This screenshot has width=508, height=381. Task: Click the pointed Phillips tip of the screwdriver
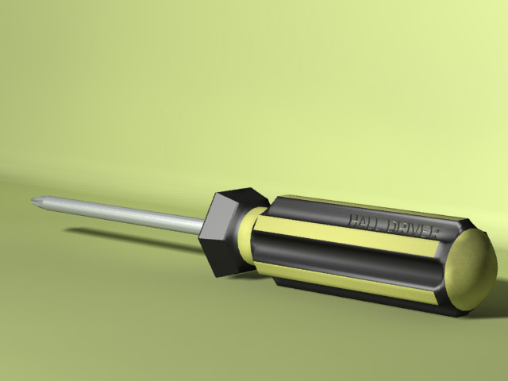pos(34,201)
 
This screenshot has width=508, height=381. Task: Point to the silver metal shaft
pos(119,214)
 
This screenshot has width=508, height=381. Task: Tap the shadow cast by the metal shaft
pos(127,237)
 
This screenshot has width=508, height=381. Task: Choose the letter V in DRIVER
pos(416,230)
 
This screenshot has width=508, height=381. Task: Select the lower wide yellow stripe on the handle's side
pos(349,281)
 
